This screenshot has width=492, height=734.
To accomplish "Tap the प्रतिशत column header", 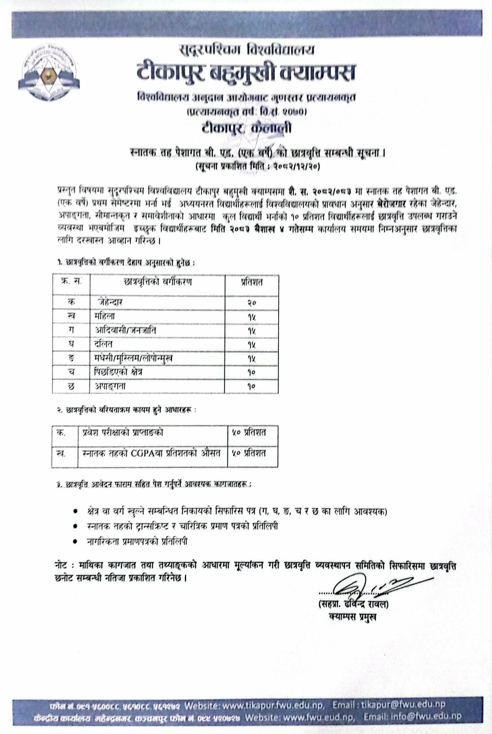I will point(251,282).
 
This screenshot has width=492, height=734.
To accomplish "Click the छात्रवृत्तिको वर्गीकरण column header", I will point(157,282).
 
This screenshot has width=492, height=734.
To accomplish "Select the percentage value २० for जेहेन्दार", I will point(251,303).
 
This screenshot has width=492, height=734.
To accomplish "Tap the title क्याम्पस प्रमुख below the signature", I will point(353,617).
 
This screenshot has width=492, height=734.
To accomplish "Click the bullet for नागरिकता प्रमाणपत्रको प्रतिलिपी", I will point(75,542).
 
